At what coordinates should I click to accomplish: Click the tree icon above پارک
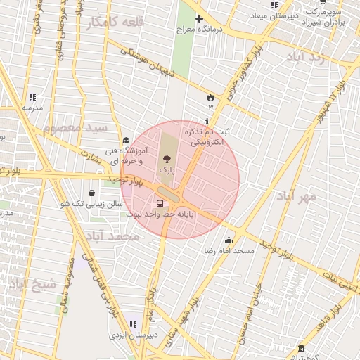(x=166, y=160)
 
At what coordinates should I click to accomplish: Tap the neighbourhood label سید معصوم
(x=75, y=129)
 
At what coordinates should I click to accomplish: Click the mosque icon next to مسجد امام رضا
(x=229, y=240)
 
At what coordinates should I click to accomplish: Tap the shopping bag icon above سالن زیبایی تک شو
(x=92, y=193)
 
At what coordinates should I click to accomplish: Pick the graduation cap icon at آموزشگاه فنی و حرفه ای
(x=126, y=141)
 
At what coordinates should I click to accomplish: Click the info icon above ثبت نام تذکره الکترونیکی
(x=206, y=121)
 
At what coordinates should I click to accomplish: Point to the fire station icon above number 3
(x=210, y=96)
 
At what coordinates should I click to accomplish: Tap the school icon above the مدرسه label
(x=32, y=98)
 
